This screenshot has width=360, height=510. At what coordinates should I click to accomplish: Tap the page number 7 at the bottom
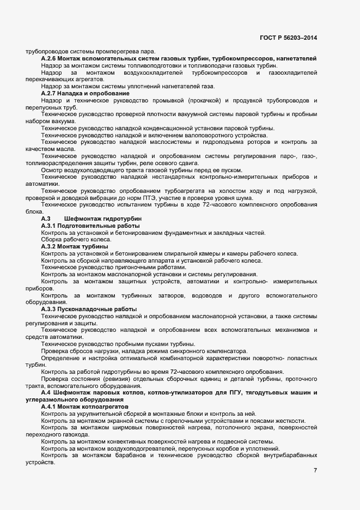[x=315, y=470]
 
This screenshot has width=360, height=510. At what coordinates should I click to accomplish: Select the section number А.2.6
[x=49, y=58]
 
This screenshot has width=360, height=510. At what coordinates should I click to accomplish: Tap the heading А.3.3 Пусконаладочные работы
[x=89, y=309]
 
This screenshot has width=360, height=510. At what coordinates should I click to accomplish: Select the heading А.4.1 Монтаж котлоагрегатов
[x=84, y=406]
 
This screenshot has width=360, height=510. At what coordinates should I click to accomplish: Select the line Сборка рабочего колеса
[x=68, y=240]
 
